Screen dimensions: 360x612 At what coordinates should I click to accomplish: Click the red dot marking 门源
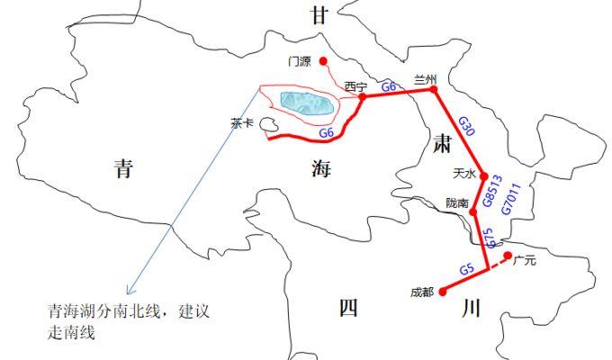tap(323, 61)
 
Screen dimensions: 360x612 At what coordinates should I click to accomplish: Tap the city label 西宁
tap(355, 86)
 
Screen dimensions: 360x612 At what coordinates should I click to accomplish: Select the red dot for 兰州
tap(434, 90)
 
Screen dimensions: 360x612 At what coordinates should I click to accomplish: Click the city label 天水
tap(463, 171)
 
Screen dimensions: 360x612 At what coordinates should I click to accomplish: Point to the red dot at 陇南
tap(472, 213)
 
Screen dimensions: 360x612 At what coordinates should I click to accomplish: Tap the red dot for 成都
tap(442, 292)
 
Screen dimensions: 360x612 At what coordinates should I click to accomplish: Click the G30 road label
tap(466, 126)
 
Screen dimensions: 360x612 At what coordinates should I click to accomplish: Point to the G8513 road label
tap(492, 191)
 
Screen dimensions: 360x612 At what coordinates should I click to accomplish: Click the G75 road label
tap(490, 238)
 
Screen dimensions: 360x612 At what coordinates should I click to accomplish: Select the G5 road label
tap(466, 269)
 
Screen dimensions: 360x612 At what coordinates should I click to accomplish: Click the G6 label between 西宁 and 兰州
tap(390, 86)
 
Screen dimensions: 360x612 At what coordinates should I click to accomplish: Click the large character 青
tap(123, 168)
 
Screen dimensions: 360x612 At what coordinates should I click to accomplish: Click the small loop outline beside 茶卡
tap(268, 131)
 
